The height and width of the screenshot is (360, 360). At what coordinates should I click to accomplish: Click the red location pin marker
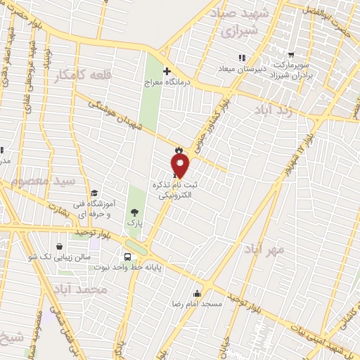point(181,165)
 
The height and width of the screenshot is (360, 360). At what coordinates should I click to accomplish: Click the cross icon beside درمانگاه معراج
point(167,71)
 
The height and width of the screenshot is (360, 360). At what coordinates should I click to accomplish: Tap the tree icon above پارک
point(134,212)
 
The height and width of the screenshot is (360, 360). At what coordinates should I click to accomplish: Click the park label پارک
point(134,223)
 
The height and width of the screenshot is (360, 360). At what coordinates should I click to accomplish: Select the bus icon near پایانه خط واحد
point(127,257)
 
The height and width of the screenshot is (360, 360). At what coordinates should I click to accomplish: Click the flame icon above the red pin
point(179,150)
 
